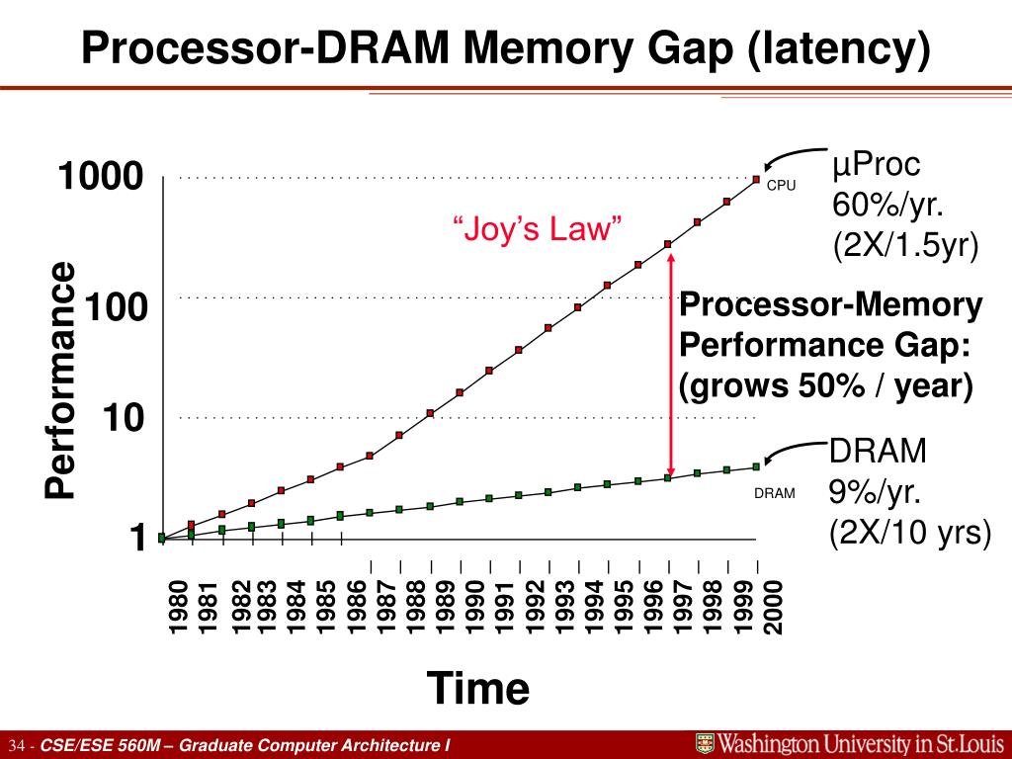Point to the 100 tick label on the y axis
point(116,308)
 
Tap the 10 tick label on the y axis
point(124,419)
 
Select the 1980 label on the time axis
point(178,609)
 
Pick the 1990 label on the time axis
point(475,609)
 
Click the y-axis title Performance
point(60,380)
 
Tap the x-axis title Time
point(477,688)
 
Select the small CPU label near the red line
point(781,185)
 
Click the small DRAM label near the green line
point(775,493)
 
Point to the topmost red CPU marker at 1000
point(756,179)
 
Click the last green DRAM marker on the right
point(756,466)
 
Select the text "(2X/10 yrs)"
point(909,533)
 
